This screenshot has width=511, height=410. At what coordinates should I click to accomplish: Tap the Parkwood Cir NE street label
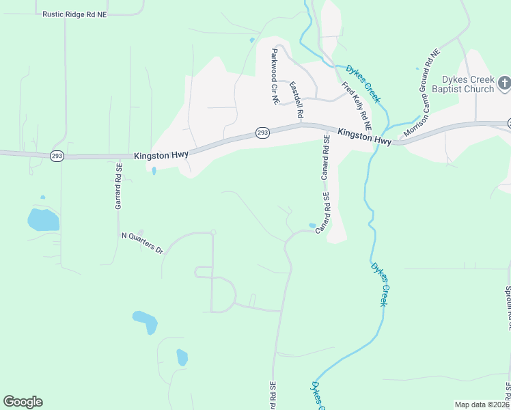click(275, 76)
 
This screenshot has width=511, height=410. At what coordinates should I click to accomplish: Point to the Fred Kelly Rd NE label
click(357, 106)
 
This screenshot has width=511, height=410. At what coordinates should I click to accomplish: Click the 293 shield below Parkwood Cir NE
click(263, 133)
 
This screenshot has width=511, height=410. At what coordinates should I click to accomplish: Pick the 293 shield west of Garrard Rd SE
click(57, 156)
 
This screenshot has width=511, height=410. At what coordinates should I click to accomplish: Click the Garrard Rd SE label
click(119, 186)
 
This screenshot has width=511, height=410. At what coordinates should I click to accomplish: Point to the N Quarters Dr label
click(142, 243)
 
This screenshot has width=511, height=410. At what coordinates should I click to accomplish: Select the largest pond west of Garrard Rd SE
click(43, 220)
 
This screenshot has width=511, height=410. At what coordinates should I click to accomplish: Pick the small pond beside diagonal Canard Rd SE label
click(313, 225)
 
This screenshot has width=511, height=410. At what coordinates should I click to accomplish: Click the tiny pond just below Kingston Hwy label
click(154, 171)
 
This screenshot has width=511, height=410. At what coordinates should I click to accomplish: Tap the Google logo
click(23, 402)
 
